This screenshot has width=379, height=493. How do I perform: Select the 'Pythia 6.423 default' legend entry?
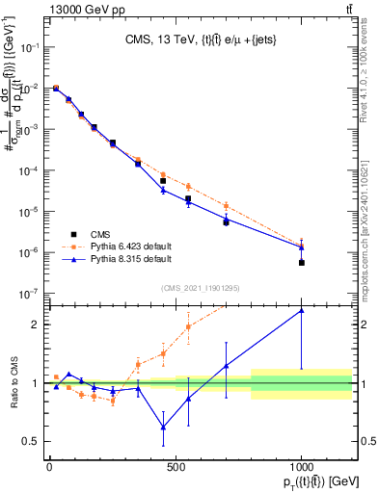point(131,246)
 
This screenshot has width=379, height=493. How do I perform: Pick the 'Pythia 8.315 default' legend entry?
point(131,259)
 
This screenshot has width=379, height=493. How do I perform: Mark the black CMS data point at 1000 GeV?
point(302,262)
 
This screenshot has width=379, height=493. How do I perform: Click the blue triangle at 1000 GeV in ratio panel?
point(302,310)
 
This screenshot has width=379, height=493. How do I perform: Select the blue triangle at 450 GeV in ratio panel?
point(163,427)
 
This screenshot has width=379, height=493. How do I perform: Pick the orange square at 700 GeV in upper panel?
point(226,205)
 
